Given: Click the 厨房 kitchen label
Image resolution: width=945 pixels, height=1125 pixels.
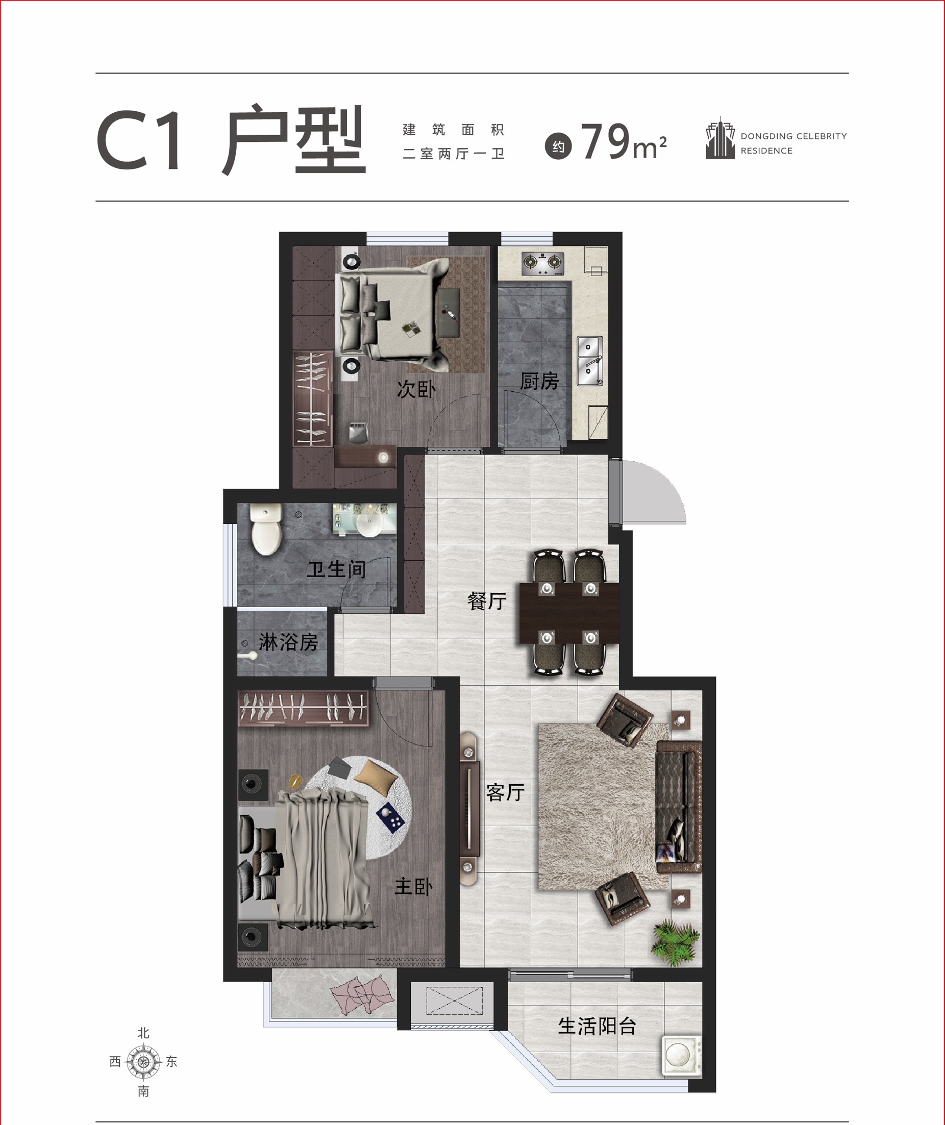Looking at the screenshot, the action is coord(539,381).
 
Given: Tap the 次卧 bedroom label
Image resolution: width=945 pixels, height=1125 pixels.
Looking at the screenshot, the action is coord(416,389).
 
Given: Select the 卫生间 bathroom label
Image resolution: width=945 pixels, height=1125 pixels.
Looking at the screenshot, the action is coord(336,569).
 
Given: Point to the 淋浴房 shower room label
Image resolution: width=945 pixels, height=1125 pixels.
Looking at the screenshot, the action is coord(288,642).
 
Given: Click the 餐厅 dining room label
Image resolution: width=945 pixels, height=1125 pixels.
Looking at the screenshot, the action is coord(486,601).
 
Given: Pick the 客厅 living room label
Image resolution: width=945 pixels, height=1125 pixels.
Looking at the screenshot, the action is coord(505,792).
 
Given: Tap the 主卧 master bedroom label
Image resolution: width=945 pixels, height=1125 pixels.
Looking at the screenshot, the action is coord(413,887).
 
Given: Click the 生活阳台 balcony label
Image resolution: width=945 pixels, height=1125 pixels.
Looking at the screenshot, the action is coord(597,1026).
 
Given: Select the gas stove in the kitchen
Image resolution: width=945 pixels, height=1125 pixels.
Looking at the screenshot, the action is coord(544,262).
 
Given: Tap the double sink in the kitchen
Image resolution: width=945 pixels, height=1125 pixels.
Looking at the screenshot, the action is coord(590,361).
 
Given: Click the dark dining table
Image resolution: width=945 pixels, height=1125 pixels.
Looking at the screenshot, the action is coord(569,613).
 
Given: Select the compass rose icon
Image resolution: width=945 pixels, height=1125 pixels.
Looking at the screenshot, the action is coord(143,1062).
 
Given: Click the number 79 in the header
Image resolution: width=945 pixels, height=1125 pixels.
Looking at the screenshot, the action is coord(605,141).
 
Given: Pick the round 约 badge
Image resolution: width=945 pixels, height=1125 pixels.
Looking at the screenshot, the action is coord(558,147).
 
